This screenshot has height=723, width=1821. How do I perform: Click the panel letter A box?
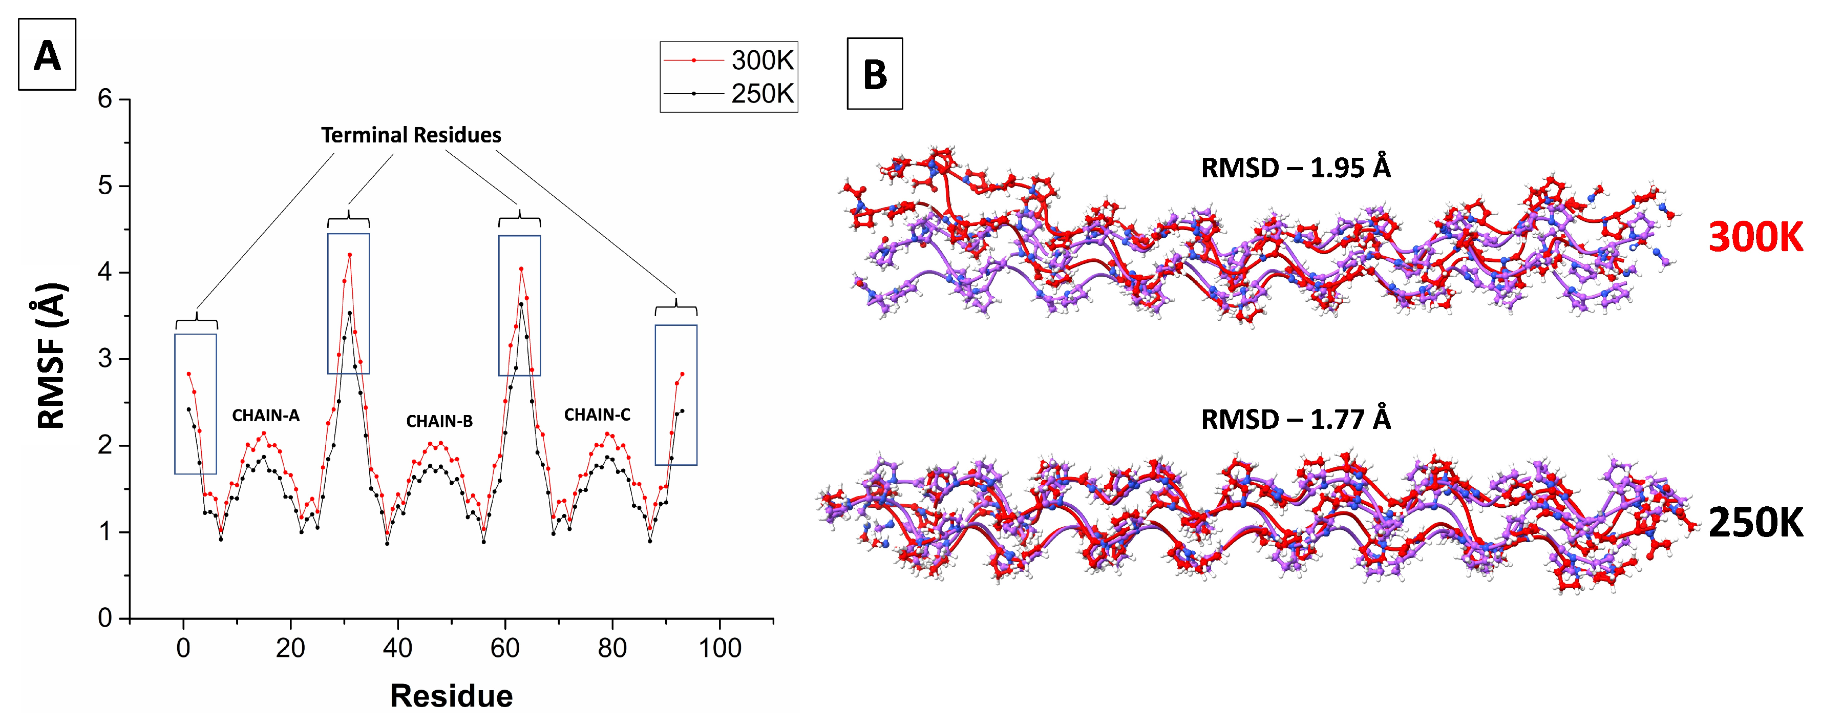coord(47,54)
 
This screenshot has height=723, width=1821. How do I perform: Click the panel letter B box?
coord(875,74)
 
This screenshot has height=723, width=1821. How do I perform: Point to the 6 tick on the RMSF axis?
coord(105,99)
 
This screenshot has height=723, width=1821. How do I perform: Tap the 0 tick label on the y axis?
coord(105,618)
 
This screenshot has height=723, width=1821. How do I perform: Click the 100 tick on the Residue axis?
coord(719,648)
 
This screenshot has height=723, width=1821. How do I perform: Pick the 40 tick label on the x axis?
coord(397,648)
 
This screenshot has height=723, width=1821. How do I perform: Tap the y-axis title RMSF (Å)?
coord(52,356)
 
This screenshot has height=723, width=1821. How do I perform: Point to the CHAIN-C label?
coord(597,415)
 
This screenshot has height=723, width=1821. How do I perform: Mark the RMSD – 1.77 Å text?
coord(1295,420)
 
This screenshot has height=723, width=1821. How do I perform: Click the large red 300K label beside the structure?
coord(1755,238)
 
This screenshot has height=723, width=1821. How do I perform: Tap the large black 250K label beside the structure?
coord(1755,524)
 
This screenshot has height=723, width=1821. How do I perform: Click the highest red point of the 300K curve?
coord(349,255)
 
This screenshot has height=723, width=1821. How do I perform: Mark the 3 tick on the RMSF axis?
coord(105,359)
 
